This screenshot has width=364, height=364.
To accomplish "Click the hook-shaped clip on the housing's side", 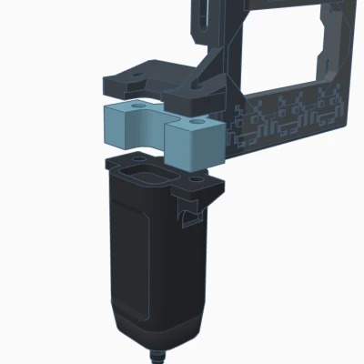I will (189, 217).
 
